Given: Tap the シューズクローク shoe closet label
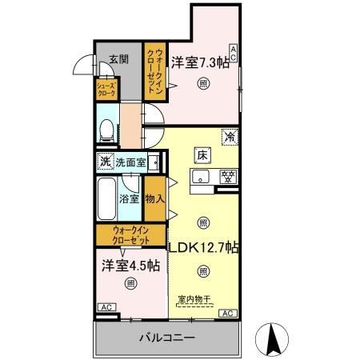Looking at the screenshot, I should pos(106,89).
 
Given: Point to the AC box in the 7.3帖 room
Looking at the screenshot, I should pos(234,54).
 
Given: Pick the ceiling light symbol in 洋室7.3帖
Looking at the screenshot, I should pos(204,83).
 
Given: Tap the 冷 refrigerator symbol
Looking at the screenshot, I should pos(230,138).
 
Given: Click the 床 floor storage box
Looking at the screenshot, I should pos(203,154).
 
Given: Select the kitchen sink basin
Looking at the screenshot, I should pos(201,177).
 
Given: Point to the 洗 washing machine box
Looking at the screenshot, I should pos(105,162).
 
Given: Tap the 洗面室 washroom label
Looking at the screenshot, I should pos(130,162).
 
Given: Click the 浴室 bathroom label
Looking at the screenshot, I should pos(130,198).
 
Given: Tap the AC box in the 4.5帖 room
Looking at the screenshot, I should pos(104,307).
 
